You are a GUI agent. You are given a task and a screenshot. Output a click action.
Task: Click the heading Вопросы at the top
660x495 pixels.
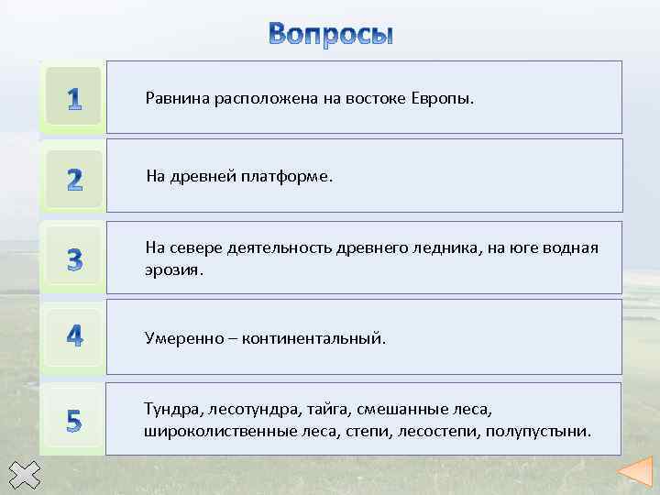click(331, 34)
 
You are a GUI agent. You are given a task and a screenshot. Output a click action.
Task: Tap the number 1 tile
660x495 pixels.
click(73, 98)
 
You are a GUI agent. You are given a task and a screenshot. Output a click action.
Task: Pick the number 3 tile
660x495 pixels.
click(73, 258)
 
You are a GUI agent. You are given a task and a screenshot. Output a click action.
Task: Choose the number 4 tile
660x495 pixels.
click(73, 336)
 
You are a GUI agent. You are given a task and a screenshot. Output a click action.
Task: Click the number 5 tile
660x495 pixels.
click(73, 419)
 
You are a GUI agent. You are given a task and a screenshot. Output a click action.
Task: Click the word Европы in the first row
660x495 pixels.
click(445, 98)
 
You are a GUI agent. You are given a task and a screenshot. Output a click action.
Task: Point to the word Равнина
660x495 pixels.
click(177, 98)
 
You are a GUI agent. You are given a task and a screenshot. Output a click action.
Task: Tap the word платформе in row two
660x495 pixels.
click(287, 176)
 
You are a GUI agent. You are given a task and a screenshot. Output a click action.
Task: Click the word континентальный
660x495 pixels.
click(313, 338)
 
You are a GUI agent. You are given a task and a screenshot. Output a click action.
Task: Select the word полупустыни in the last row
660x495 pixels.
click(538, 430)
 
